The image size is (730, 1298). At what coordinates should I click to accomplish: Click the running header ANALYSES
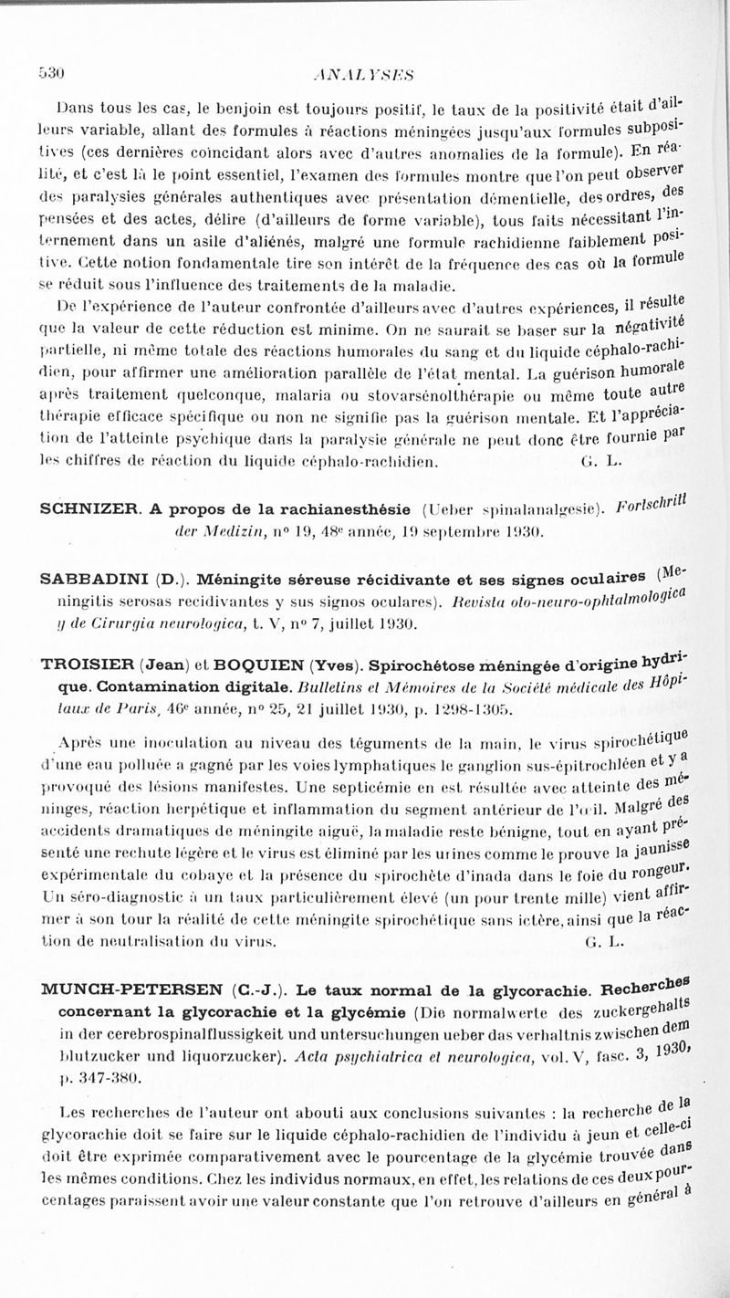[x=364, y=76]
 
